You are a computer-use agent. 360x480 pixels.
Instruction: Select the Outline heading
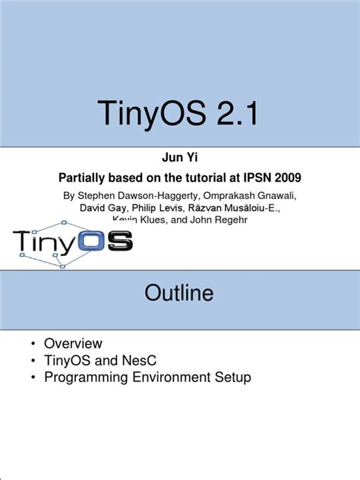[x=179, y=294]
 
